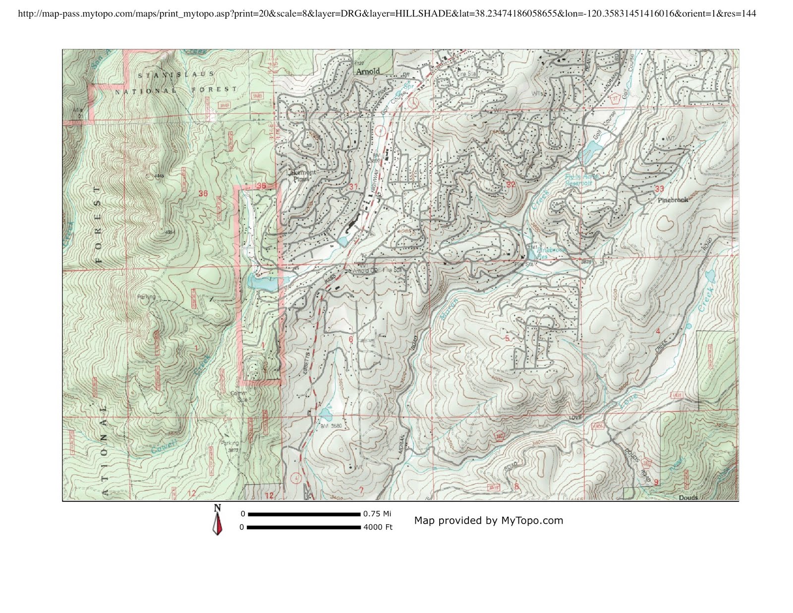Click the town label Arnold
pyautogui.click(x=367, y=71)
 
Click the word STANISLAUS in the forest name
pyautogui.click(x=175, y=75)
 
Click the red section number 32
pyautogui.click(x=511, y=184)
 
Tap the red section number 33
pyautogui.click(x=659, y=188)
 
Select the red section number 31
pyautogui.click(x=353, y=186)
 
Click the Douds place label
pyautogui.click(x=688, y=497)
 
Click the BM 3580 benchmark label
pyautogui.click(x=332, y=426)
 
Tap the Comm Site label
pyautogui.click(x=240, y=396)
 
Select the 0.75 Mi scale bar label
pyautogui.click(x=377, y=514)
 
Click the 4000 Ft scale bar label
pyautogui.click(x=378, y=527)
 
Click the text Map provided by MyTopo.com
pyautogui.click(x=488, y=520)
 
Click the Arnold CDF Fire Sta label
pyautogui.click(x=378, y=271)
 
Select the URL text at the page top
pyautogui.click(x=387, y=14)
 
